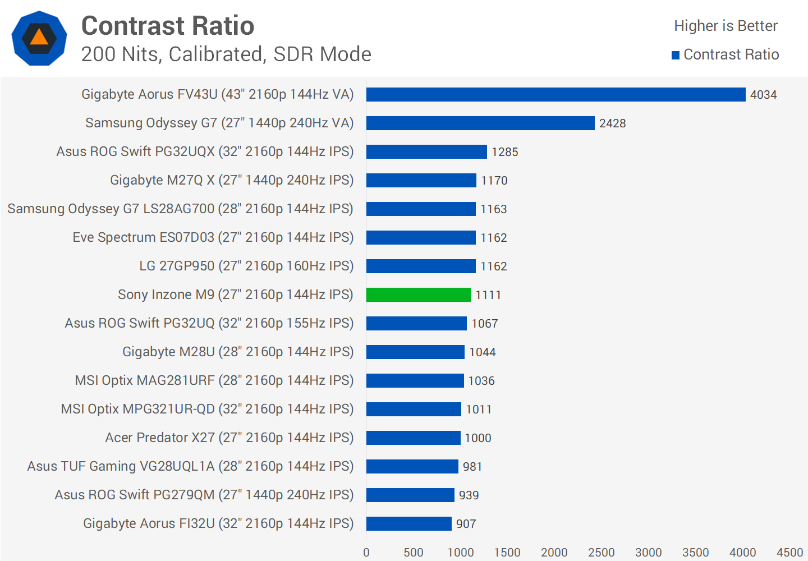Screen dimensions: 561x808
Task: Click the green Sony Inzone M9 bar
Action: click(418, 295)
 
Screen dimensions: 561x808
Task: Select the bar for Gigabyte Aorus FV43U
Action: click(555, 94)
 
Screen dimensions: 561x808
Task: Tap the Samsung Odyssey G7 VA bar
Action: click(480, 123)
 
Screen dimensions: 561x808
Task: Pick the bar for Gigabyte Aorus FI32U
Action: click(408, 523)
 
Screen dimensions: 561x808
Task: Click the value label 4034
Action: click(763, 95)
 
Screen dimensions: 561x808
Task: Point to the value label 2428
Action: click(612, 123)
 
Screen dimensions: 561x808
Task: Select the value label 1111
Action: click(488, 295)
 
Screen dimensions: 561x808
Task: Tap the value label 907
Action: click(466, 524)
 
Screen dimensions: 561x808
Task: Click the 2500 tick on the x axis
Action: click(601, 553)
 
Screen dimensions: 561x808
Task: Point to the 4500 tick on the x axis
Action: click(789, 553)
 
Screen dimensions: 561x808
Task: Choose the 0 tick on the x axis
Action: click(366, 553)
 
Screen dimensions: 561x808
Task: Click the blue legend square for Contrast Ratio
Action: click(676, 55)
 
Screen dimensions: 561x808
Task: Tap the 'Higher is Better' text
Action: click(726, 26)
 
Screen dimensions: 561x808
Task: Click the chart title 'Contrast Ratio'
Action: click(168, 26)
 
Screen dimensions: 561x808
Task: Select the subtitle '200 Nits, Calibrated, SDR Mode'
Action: click(226, 54)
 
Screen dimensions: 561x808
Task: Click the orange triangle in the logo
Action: click(39, 38)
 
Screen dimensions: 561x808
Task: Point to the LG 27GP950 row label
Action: click(246, 266)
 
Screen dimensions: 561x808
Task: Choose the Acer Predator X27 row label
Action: click(229, 438)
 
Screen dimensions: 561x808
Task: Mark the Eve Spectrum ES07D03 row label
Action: click(213, 237)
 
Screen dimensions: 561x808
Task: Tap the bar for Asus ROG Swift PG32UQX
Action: click(426, 151)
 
